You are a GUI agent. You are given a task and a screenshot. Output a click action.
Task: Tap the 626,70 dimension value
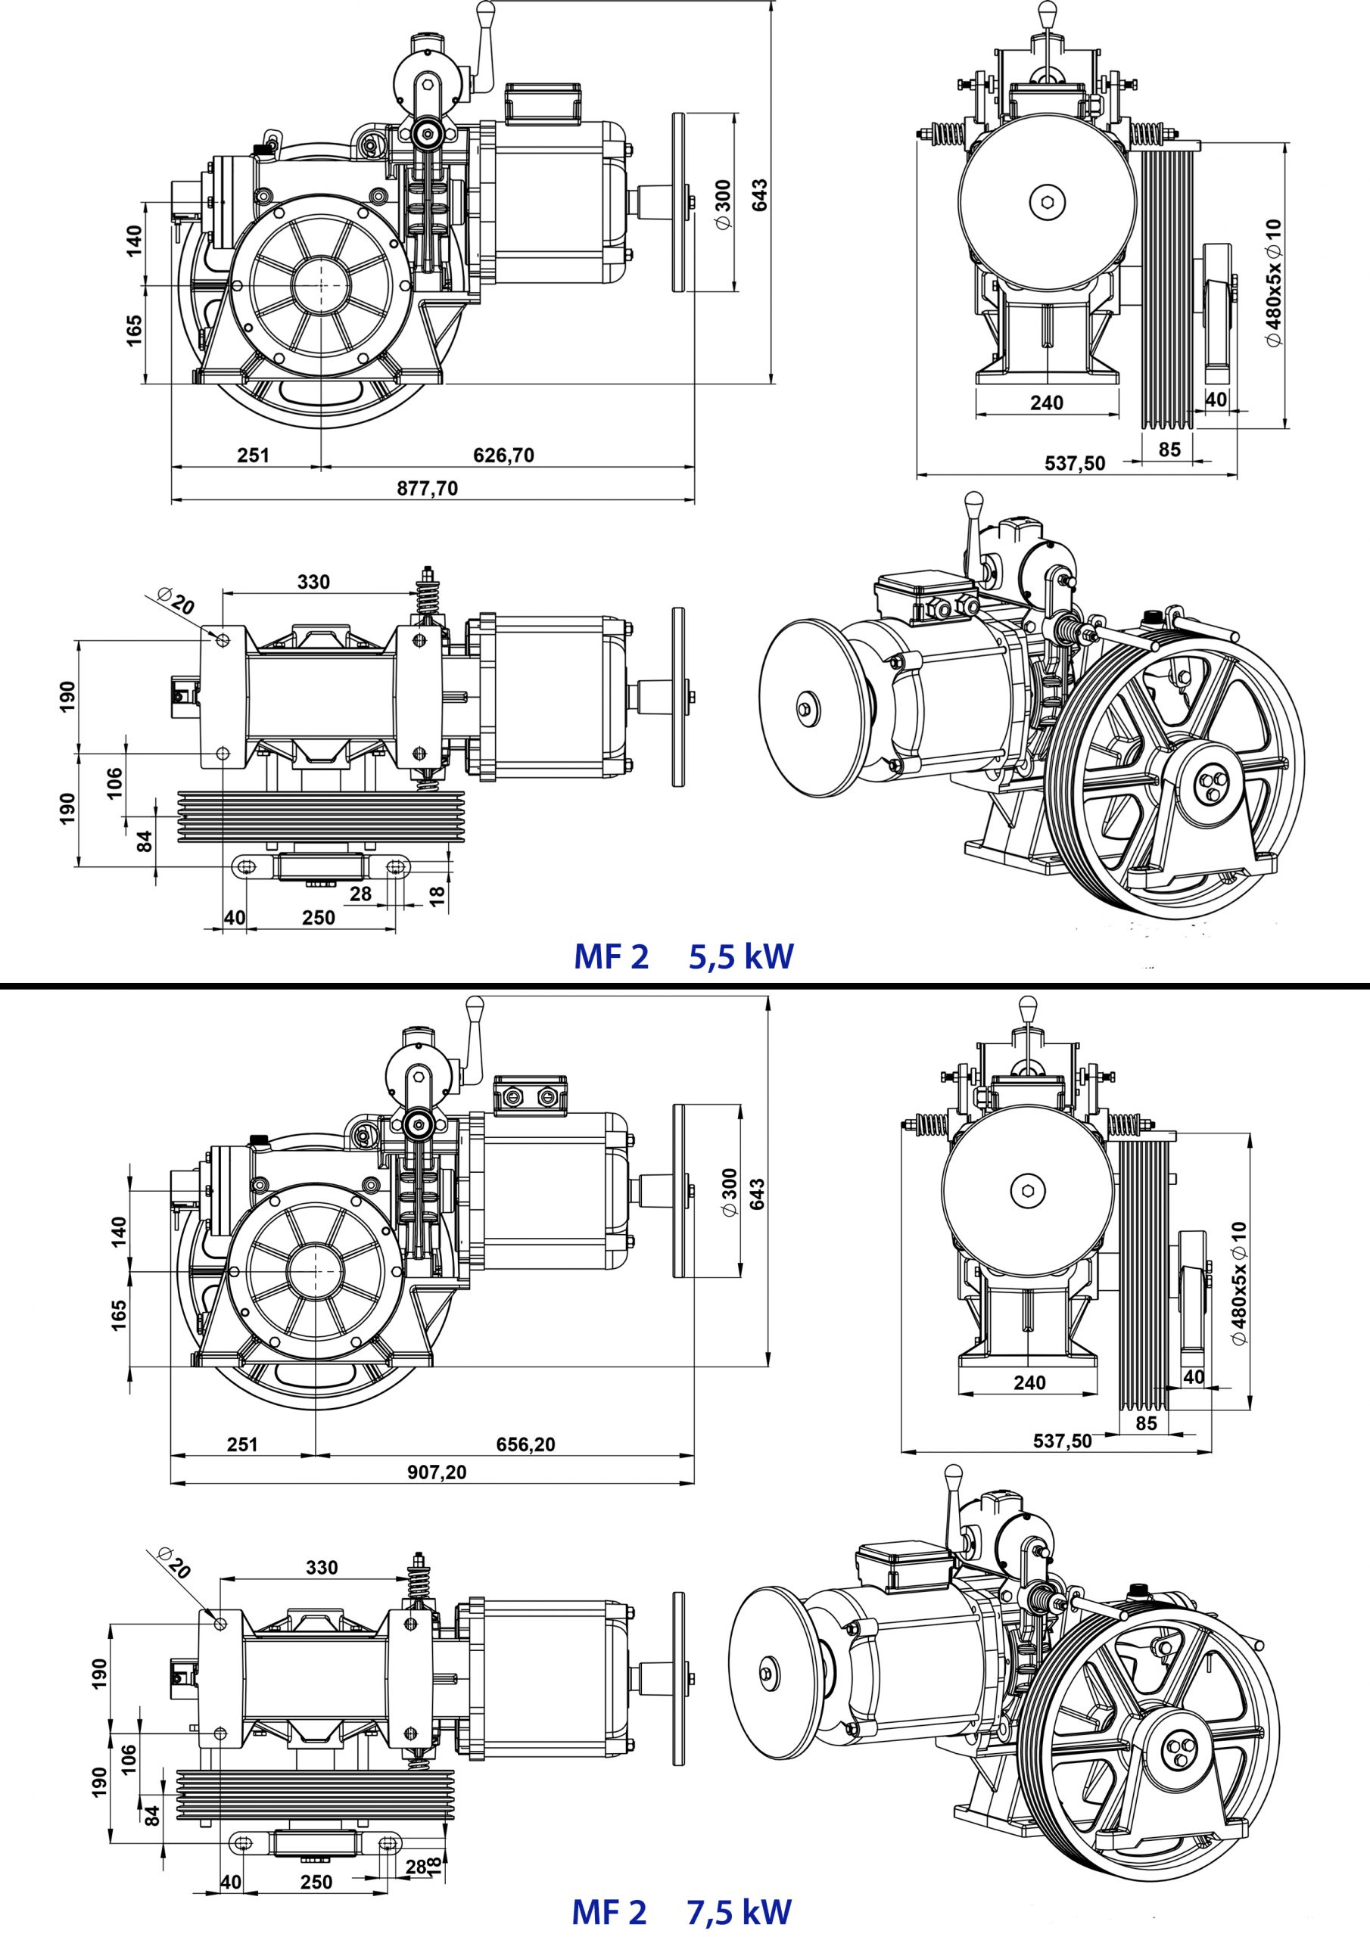(503, 455)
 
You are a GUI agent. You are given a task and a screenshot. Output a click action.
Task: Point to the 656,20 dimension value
(525, 1444)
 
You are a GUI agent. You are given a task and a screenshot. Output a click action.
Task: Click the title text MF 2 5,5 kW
(683, 956)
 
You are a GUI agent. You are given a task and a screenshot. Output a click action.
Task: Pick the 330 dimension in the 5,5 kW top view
(313, 582)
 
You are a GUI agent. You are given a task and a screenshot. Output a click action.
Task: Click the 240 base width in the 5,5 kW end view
(1047, 403)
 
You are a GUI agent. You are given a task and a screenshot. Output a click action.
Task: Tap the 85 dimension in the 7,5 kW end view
(1146, 1423)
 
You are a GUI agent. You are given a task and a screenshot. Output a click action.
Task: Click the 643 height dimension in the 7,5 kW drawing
(756, 1194)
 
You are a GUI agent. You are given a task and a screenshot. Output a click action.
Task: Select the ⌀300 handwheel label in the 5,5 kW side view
(724, 204)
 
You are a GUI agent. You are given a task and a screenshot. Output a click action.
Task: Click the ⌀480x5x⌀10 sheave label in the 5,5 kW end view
(1273, 283)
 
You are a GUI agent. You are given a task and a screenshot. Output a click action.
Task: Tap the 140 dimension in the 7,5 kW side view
(119, 1231)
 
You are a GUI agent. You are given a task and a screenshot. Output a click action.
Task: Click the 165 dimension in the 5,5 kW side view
(133, 331)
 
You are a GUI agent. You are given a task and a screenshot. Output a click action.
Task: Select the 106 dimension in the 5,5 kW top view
(115, 782)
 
